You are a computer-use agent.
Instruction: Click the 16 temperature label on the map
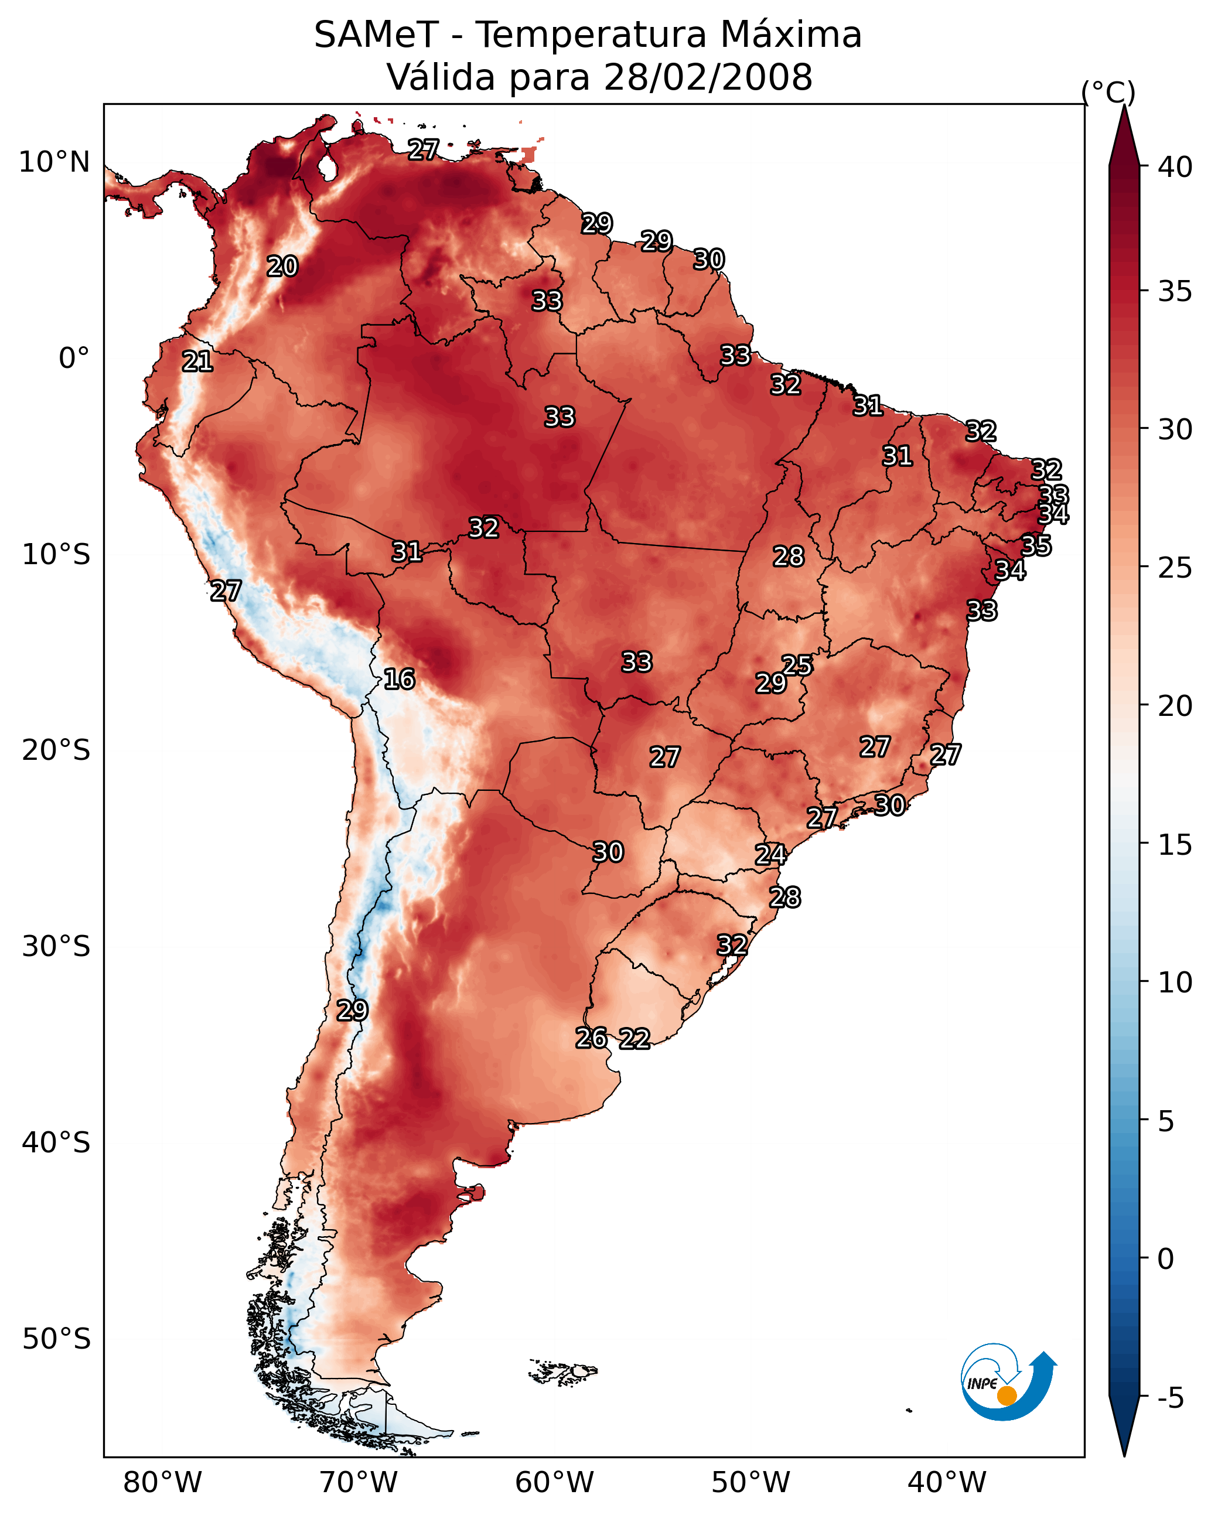click(399, 680)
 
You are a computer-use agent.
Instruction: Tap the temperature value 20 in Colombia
click(282, 267)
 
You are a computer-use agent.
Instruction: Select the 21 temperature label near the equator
click(197, 362)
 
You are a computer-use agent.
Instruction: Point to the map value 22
click(635, 1039)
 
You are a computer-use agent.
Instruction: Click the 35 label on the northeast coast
click(1036, 545)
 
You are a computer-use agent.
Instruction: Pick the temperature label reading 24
click(770, 855)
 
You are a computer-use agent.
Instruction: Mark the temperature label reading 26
click(591, 1038)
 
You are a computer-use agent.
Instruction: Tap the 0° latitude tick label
click(74, 359)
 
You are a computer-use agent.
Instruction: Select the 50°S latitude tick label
click(56, 1339)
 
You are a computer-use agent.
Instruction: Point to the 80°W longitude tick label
click(162, 1483)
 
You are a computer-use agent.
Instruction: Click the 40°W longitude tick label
click(947, 1483)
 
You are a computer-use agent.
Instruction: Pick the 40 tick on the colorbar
click(1175, 167)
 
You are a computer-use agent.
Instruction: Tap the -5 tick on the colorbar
click(1170, 1398)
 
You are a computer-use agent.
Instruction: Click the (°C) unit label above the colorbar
click(1108, 92)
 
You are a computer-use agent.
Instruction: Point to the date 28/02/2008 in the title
click(708, 77)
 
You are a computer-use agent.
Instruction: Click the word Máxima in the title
click(791, 35)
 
